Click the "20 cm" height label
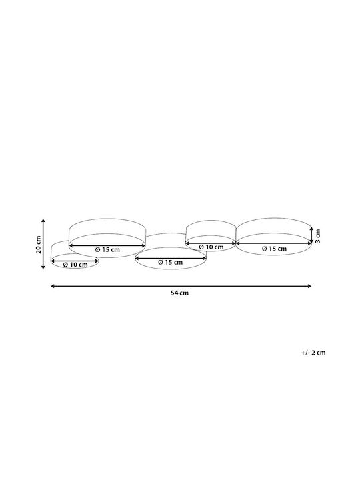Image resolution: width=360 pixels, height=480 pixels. (39, 244)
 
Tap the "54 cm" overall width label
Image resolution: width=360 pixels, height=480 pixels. (180, 293)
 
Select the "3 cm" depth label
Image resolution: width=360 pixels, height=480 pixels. (318, 236)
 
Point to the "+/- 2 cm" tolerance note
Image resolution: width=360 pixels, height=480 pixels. (313, 353)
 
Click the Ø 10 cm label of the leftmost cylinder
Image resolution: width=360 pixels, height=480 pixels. (75, 265)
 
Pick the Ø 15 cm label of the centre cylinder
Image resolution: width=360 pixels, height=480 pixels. (170, 263)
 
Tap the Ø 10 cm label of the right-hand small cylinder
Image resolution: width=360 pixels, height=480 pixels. (211, 247)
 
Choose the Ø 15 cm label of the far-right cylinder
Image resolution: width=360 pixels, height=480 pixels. (274, 249)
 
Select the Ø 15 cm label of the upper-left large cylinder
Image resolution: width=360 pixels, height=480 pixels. (107, 249)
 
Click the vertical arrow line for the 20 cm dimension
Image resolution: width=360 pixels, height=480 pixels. (43, 244)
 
